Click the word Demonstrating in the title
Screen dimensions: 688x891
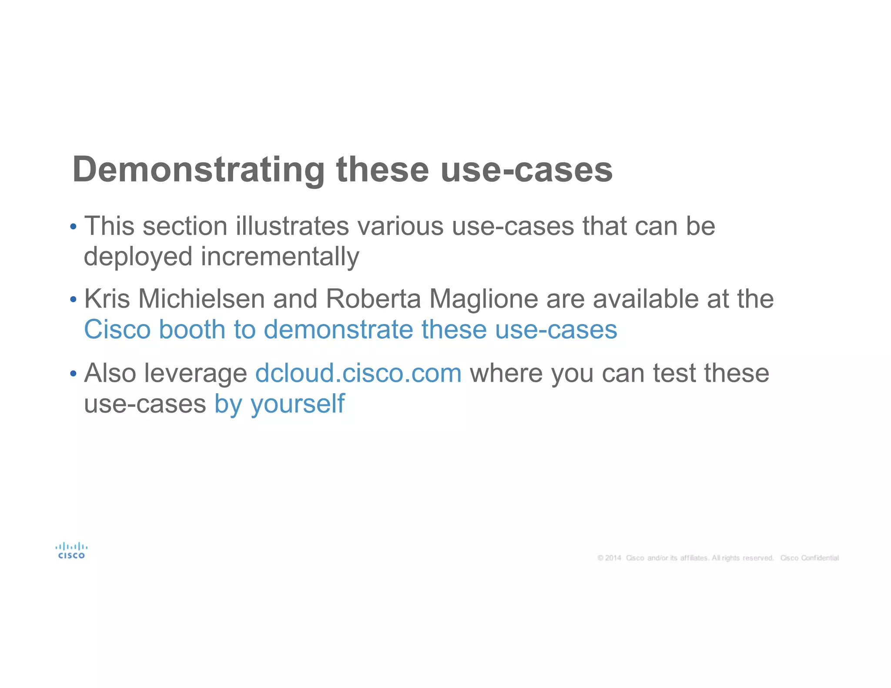[x=198, y=170]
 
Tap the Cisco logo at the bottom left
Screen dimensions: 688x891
[x=71, y=551]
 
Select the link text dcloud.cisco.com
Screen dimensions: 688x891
[x=358, y=373]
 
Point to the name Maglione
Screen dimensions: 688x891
[x=484, y=299]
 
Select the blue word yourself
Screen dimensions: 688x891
[x=298, y=404]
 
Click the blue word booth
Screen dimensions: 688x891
[x=192, y=329]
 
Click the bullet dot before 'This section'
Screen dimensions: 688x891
[x=73, y=227]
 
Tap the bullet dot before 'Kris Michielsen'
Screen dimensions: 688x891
[x=73, y=299]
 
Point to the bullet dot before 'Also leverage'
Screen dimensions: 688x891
[x=73, y=373]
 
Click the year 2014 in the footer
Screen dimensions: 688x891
[x=613, y=558]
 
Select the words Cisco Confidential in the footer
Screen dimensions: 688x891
[x=809, y=558]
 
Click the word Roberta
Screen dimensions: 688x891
[x=373, y=299]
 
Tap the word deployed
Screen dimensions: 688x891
[x=138, y=257]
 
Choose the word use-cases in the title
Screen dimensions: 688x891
[x=526, y=170]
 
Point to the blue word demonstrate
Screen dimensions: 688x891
[x=338, y=329]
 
